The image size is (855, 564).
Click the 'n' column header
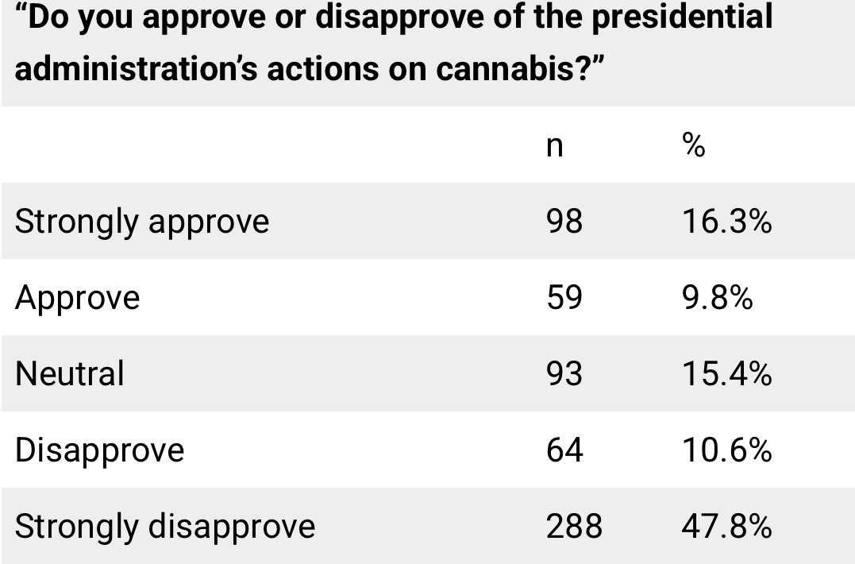click(555, 147)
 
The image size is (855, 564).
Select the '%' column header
click(693, 145)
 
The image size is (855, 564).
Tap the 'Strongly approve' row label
click(142, 222)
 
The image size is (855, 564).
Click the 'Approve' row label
click(78, 298)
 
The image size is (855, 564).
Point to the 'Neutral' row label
click(70, 373)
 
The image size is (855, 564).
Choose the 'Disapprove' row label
click(100, 450)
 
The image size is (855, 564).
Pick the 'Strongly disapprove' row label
click(165, 527)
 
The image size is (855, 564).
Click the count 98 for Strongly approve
click(564, 222)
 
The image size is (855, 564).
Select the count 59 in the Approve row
click(564, 298)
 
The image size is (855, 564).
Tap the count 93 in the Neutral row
click(564, 373)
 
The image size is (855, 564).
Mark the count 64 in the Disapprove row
click(564, 450)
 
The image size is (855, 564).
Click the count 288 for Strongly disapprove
click(574, 527)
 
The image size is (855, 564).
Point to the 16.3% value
click(726, 222)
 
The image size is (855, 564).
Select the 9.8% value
click(717, 298)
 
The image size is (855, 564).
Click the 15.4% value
click(726, 373)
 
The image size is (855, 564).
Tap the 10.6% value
click(726, 450)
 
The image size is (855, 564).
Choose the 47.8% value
click(726, 527)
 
